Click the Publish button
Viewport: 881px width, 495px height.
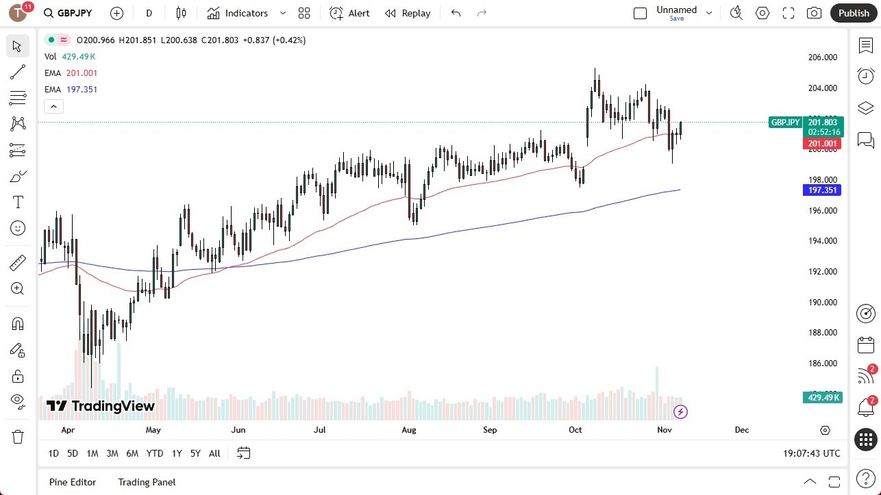(x=853, y=13)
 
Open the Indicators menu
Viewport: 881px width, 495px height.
(x=245, y=13)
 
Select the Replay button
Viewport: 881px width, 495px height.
(x=408, y=13)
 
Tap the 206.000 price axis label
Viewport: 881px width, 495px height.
(x=822, y=58)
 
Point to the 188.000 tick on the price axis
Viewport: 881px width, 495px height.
(x=822, y=333)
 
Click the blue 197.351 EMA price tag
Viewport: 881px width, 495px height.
(x=821, y=190)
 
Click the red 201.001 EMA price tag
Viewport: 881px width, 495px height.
(x=821, y=144)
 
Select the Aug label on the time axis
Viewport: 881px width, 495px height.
(x=409, y=430)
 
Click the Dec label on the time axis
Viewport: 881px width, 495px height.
(x=741, y=430)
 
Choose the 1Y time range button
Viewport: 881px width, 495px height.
(x=177, y=453)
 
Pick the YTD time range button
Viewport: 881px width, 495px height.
(x=155, y=453)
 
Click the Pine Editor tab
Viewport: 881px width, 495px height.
(x=73, y=482)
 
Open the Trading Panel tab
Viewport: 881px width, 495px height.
(x=147, y=482)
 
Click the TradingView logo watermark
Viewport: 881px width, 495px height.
(x=101, y=406)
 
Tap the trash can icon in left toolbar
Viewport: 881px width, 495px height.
(x=18, y=437)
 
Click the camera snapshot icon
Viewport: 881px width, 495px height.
(x=814, y=13)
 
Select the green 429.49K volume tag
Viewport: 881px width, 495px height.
(x=821, y=398)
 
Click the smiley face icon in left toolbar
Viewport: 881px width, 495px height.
(x=18, y=228)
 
